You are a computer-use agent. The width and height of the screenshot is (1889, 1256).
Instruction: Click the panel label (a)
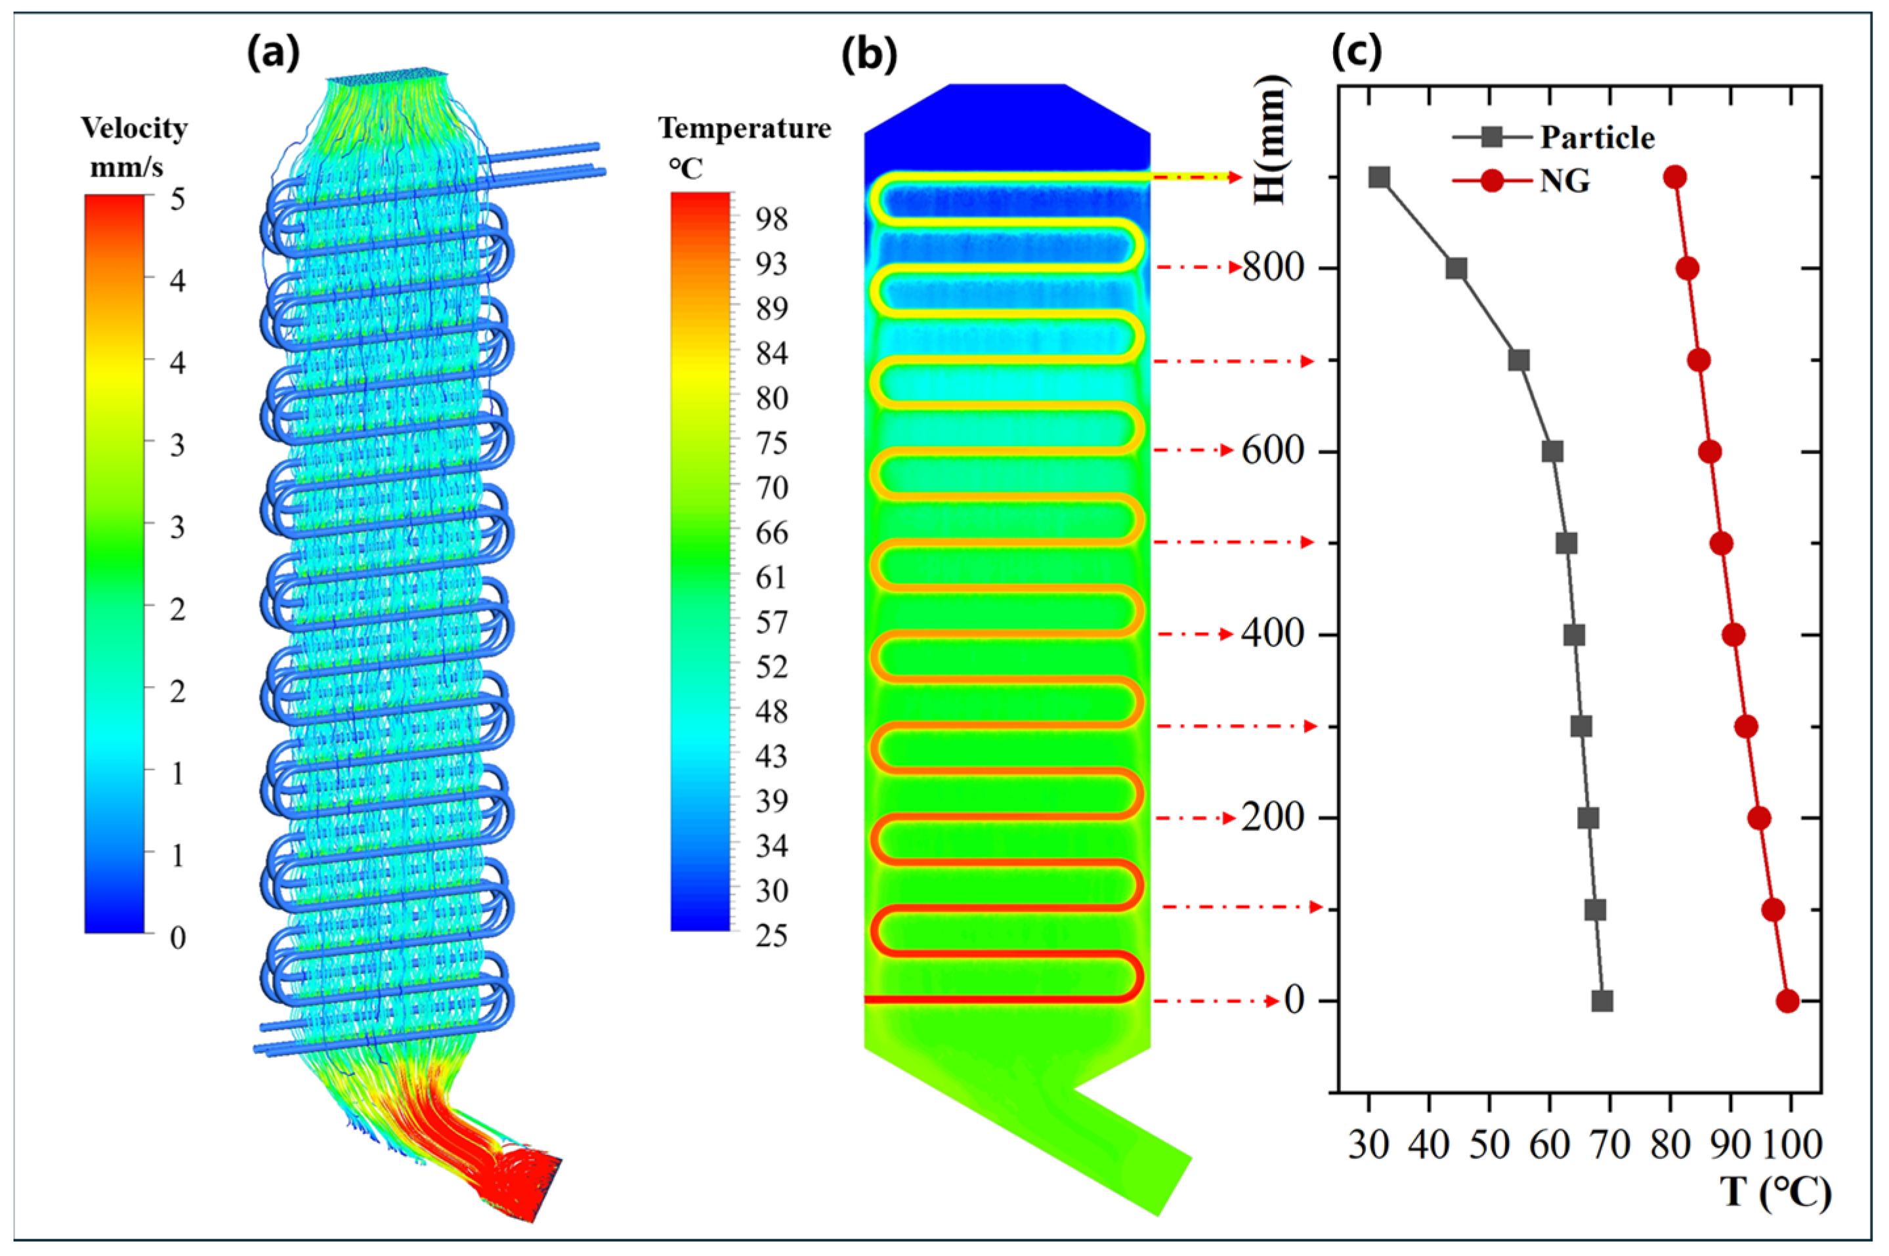click(x=273, y=54)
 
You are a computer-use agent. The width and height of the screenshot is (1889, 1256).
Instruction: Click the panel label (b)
click(x=868, y=54)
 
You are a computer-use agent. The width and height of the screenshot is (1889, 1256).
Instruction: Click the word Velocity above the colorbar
click(x=134, y=128)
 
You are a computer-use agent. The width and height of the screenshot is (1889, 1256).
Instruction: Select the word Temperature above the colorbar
click(x=744, y=128)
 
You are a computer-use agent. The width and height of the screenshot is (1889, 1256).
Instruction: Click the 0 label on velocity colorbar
click(x=178, y=937)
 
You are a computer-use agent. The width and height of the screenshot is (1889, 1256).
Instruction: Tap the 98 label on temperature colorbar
click(x=771, y=219)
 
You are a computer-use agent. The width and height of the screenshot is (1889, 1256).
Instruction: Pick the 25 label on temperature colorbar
click(x=771, y=935)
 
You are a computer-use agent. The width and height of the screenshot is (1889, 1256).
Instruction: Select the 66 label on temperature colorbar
click(x=771, y=532)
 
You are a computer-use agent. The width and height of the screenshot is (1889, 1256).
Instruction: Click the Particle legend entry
click(x=1597, y=138)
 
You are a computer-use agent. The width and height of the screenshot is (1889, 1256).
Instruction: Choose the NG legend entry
click(x=1565, y=182)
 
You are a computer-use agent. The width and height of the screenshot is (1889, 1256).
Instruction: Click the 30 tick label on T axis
click(x=1369, y=1146)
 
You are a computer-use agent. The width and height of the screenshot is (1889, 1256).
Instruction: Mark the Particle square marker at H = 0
click(x=1602, y=1001)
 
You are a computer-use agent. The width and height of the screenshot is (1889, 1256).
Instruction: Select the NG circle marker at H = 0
click(x=1787, y=1001)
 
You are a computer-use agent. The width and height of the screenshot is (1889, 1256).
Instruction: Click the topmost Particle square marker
click(x=1378, y=177)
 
